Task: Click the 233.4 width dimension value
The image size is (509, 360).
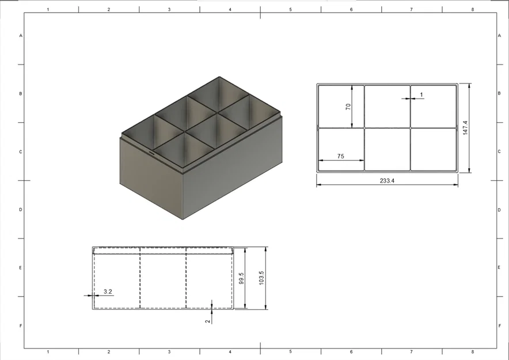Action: [x=387, y=180]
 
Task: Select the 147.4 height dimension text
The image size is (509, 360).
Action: [x=465, y=128]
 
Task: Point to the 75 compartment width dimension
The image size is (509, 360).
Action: [x=341, y=156]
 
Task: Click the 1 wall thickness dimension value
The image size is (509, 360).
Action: [x=421, y=94]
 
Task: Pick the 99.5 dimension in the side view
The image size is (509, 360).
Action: [x=241, y=279]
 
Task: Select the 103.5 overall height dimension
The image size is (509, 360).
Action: [x=261, y=278]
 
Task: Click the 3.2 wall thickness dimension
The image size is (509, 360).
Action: [x=108, y=291]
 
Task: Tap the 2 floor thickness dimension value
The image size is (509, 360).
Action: [x=208, y=321]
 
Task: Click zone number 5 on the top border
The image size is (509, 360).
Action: [x=290, y=10]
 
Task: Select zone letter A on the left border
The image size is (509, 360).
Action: [x=21, y=36]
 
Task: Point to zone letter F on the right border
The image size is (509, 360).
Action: [x=499, y=326]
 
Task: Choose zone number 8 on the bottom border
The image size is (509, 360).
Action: [x=472, y=351]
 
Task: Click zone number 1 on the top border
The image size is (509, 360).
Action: [x=48, y=10]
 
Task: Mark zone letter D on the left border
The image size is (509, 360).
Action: [x=21, y=210]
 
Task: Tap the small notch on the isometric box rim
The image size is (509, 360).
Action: [x=151, y=154]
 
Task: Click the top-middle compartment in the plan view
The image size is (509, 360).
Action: [x=387, y=105]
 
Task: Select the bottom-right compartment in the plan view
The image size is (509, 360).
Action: [x=432, y=149]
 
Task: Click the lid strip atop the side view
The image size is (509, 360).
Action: [x=162, y=251]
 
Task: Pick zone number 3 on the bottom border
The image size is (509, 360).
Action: [x=169, y=351]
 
